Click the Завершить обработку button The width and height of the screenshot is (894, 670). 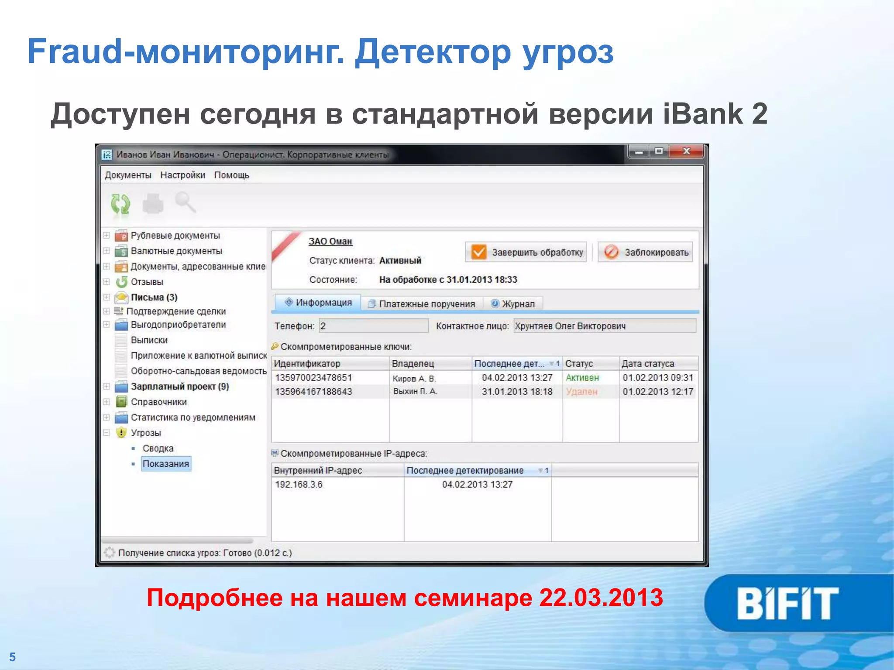pos(526,252)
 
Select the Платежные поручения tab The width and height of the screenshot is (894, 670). pos(422,304)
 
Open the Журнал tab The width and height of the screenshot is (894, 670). pos(513,304)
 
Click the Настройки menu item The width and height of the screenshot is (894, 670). pos(182,175)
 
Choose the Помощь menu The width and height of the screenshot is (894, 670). pos(231,175)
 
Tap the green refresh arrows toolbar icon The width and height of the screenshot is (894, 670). pos(120,204)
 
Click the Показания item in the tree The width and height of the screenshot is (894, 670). pos(166,464)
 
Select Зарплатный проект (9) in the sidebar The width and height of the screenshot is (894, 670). pos(179,386)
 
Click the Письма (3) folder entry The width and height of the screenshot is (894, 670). pos(154,297)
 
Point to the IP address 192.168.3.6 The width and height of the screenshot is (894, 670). pos(299,485)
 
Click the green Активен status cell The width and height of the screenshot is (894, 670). pos(582,378)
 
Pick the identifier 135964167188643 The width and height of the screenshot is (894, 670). pos(313,392)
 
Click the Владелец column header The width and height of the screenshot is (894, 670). pos(413,363)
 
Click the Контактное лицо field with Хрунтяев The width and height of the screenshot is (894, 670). pos(604,326)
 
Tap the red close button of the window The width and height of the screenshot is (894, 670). pos(686,151)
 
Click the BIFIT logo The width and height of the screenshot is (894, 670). pos(787,603)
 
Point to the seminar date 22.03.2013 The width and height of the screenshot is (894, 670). pos(601,598)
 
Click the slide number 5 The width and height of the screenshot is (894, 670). pos(12,657)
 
